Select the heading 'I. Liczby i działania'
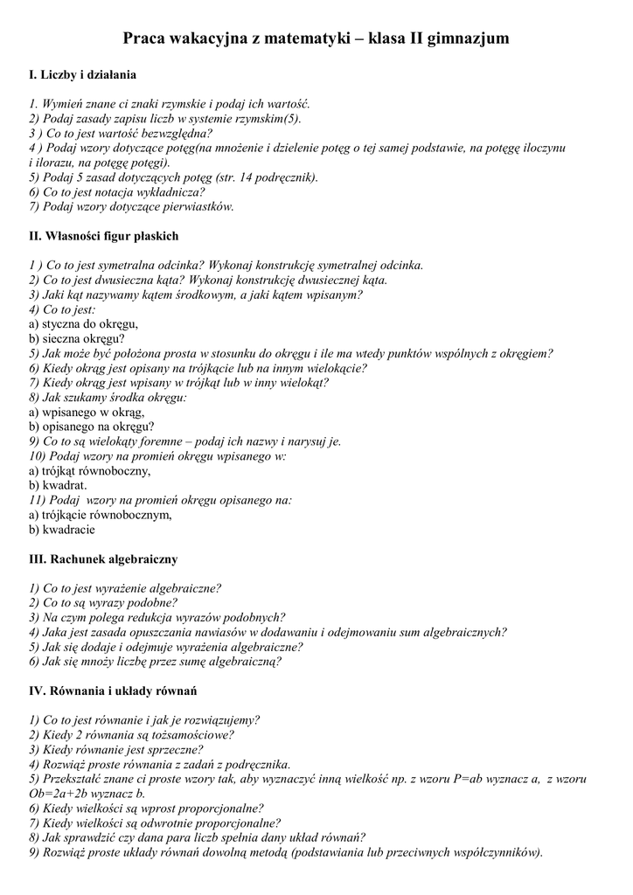pos(83,76)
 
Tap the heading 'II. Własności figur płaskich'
pos(104,236)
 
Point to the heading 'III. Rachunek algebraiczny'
pos(103,559)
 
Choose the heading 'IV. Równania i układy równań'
pos(113,690)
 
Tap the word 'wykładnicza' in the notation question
pos(171,192)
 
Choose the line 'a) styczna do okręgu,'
pos(83,324)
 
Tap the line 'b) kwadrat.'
pos(58,485)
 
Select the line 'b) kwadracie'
pos(62,530)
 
